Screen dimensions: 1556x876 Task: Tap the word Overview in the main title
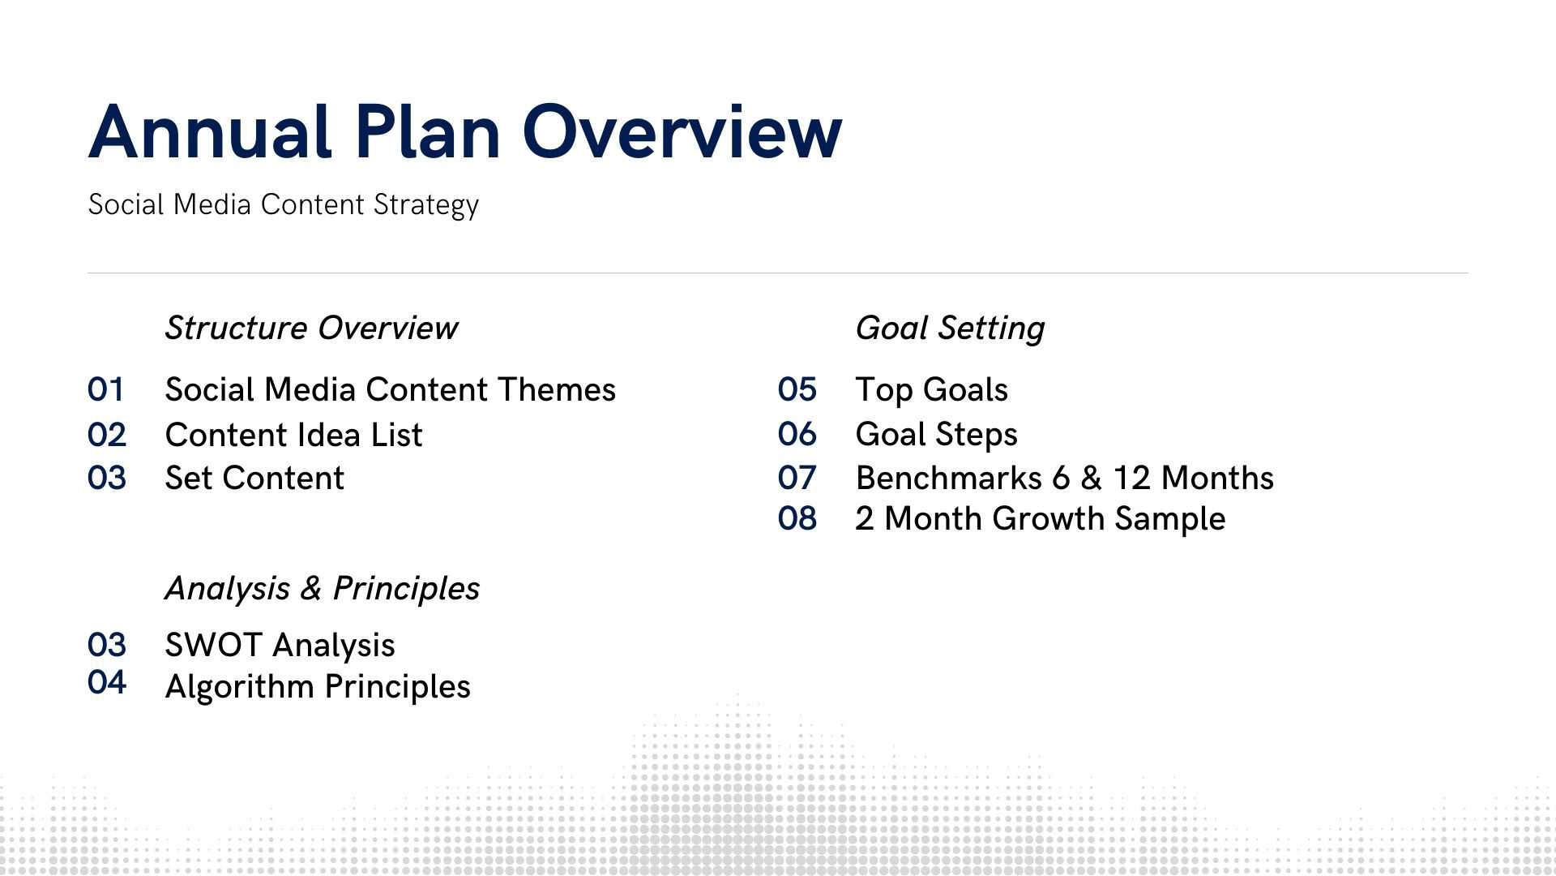[x=682, y=131]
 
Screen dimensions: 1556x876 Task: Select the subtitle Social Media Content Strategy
[x=284, y=204]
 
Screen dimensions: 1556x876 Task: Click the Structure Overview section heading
[x=311, y=328]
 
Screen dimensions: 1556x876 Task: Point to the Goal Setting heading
[x=950, y=328]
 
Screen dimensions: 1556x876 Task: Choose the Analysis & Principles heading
[x=323, y=589]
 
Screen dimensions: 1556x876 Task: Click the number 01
[x=106, y=390]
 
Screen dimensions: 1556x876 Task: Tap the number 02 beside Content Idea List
[x=107, y=436]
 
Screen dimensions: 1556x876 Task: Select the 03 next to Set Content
[x=107, y=479]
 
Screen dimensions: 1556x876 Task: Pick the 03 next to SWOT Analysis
[x=107, y=646]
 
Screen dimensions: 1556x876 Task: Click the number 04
[x=107, y=682]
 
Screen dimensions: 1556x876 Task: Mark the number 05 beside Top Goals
[x=797, y=390]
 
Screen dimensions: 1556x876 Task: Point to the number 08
[x=797, y=519]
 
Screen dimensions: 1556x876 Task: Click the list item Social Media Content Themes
[x=391, y=390]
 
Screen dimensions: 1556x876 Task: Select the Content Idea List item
[x=293, y=436]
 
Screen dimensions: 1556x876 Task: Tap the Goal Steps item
[x=936, y=436]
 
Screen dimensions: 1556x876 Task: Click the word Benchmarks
[x=949, y=479]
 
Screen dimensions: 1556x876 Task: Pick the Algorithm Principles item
[x=318, y=687]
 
